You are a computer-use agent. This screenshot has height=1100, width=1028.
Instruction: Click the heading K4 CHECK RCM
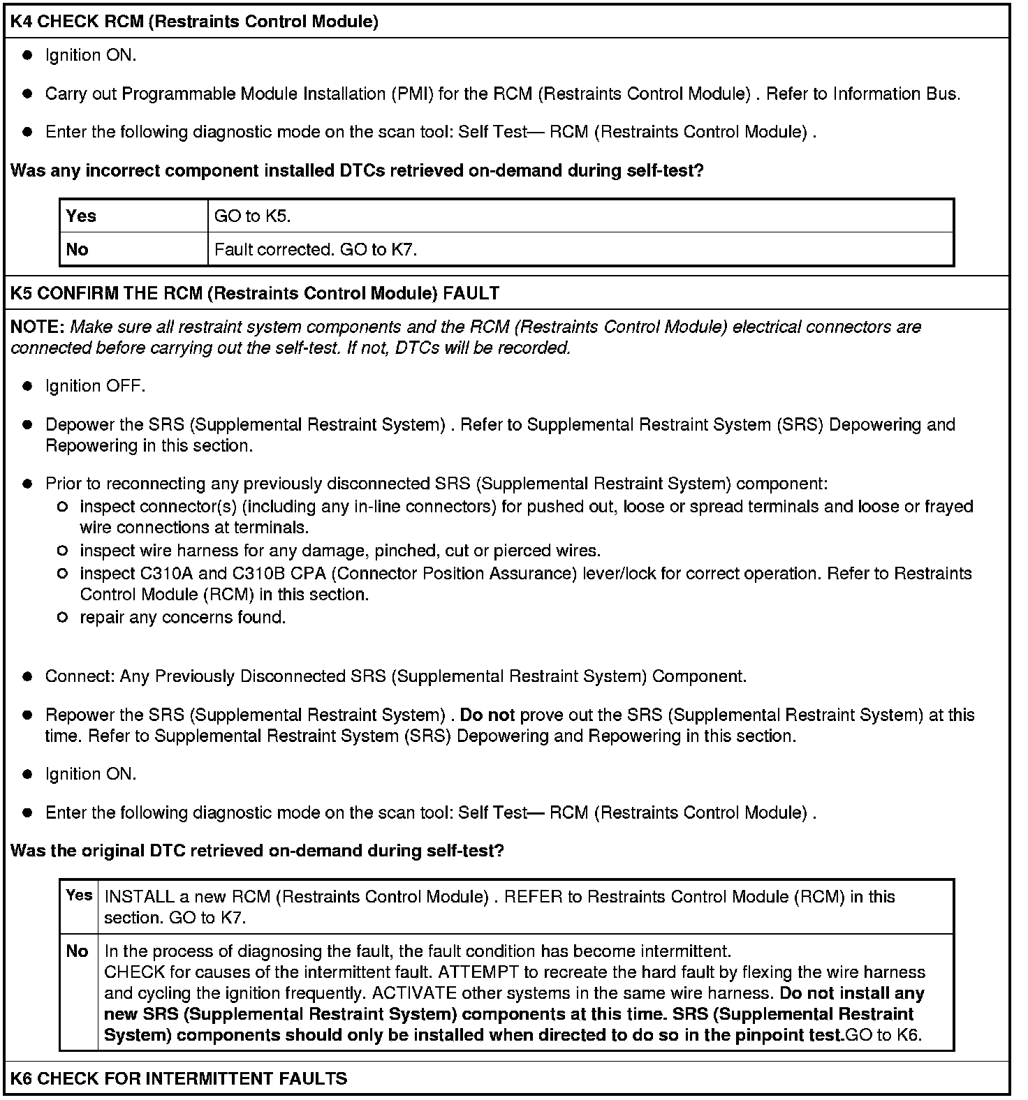(x=194, y=22)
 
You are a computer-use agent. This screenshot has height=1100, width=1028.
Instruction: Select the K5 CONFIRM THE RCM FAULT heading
(x=255, y=293)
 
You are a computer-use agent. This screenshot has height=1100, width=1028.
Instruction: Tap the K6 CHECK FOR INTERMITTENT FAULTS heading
(x=179, y=1078)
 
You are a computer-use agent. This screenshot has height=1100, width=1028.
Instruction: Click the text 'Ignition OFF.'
(x=95, y=386)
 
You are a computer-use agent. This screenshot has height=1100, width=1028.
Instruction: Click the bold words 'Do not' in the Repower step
(x=487, y=715)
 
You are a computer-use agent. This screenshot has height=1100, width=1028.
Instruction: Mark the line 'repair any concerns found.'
(x=182, y=618)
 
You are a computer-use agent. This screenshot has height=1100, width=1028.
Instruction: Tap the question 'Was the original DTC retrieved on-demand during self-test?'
(x=257, y=851)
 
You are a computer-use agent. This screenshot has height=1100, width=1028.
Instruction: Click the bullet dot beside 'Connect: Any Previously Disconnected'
(x=28, y=677)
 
